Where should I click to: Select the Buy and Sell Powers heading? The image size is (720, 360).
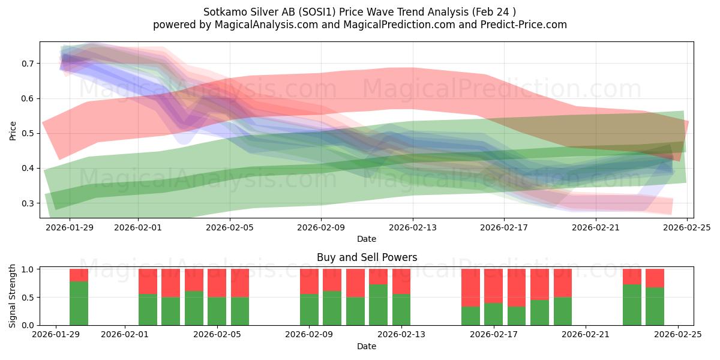pos(367,257)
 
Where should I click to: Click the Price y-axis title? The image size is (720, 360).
pos(13,130)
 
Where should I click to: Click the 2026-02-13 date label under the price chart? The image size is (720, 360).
pos(413,227)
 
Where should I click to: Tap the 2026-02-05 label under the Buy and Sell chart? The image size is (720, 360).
pos(217,335)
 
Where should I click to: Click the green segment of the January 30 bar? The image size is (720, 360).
pos(79,303)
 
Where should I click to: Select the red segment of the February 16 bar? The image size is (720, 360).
pos(470,287)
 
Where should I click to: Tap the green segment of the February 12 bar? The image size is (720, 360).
pos(378,305)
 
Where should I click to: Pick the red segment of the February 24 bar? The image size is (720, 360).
pos(655,278)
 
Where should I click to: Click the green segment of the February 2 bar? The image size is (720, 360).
pos(148,310)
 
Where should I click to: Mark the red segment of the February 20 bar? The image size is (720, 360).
pos(562,283)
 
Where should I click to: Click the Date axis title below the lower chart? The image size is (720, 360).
pos(367,346)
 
